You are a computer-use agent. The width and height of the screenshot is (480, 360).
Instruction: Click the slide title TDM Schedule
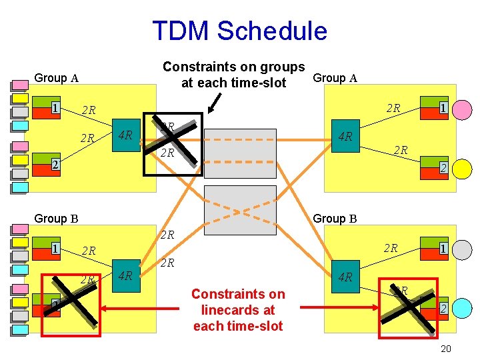click(239, 31)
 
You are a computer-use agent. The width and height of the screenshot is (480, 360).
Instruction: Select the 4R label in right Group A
click(345, 137)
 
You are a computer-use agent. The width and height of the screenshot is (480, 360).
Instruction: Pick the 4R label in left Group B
click(124, 275)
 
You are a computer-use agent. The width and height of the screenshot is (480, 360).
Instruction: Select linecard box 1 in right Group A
click(442, 108)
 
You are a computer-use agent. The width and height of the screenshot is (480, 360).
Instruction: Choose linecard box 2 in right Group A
click(442, 169)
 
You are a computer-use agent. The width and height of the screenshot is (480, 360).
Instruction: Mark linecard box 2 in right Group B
click(442, 309)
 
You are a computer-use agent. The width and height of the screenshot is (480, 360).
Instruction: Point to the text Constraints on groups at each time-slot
click(233, 75)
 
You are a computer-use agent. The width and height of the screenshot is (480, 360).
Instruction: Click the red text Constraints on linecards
click(237, 310)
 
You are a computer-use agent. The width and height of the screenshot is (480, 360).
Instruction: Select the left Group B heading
click(56, 218)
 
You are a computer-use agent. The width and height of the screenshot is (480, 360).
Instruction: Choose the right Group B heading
click(335, 218)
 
